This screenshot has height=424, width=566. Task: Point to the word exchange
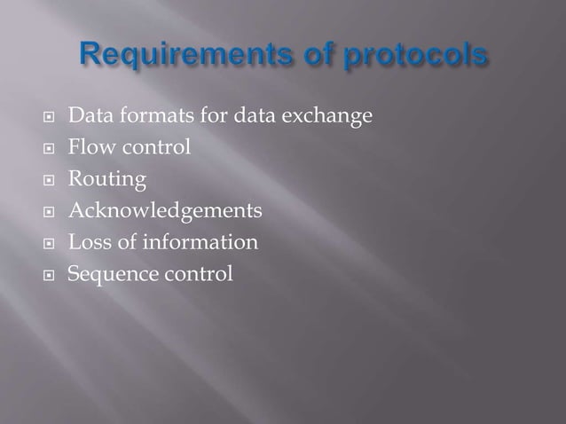click(x=322, y=116)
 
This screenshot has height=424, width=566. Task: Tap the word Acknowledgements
click(x=165, y=211)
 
